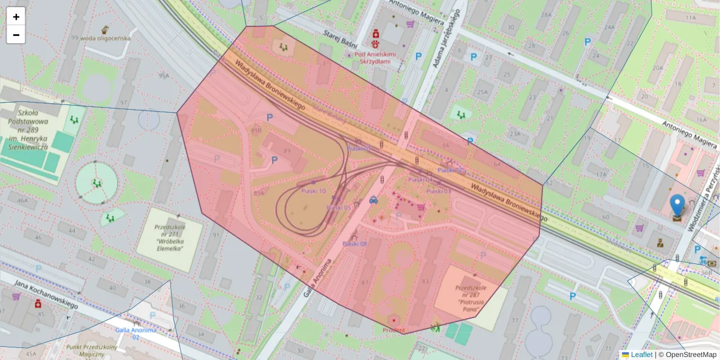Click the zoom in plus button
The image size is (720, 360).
click(16, 17)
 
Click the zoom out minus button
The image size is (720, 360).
click(16, 35)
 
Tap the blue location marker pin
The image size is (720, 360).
click(677, 206)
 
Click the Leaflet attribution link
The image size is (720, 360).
click(641, 355)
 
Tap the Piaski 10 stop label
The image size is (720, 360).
click(313, 191)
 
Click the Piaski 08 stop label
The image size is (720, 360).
click(354, 244)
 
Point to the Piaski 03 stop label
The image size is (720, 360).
click(439, 191)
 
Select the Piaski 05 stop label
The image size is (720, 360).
click(338, 208)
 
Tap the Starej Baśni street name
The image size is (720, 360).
click(340, 39)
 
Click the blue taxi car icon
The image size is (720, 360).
click(373, 200)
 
